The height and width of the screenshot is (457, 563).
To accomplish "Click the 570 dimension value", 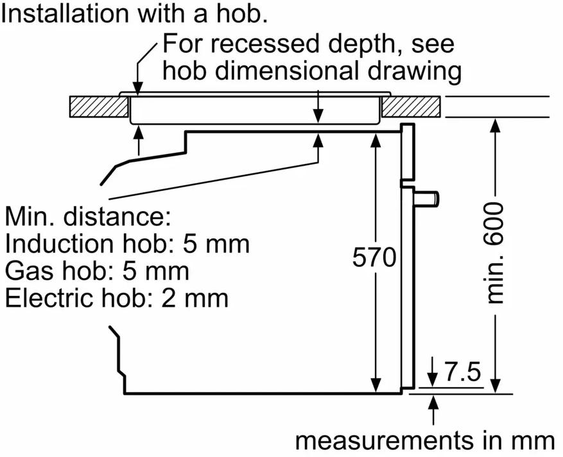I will (x=375, y=257).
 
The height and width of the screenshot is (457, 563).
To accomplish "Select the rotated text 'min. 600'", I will (x=495, y=254).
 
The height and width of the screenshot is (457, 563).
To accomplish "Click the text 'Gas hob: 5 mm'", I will (x=97, y=271).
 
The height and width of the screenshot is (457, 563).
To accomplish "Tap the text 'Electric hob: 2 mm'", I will (x=116, y=298).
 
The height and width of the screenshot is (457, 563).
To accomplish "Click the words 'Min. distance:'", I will (x=88, y=216).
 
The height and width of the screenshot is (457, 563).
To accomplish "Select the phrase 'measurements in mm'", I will (x=425, y=441).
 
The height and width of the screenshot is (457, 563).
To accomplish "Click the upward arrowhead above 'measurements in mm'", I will (x=434, y=402).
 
